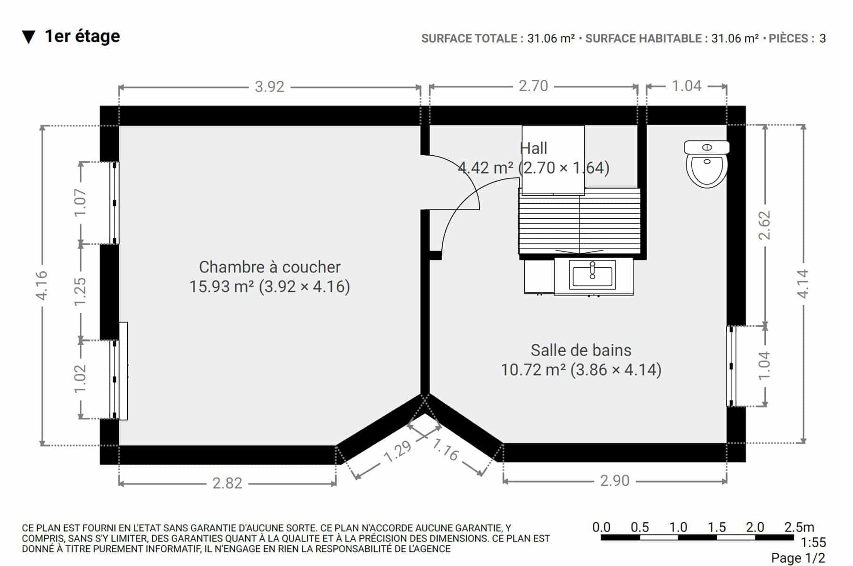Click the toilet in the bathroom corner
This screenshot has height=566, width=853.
706,164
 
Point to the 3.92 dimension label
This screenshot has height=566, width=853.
269,87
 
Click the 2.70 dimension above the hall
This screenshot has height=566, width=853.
533,86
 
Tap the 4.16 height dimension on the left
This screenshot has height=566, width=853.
42,285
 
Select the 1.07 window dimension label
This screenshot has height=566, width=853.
80,202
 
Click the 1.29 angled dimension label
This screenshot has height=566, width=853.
398,451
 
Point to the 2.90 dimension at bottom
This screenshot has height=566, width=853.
614,481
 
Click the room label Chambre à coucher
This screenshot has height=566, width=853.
270,267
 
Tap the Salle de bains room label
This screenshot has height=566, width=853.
581,350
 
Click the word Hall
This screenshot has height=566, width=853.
533,148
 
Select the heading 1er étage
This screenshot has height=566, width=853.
82,36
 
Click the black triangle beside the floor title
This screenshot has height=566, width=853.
28,37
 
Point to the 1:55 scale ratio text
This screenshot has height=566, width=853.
813,542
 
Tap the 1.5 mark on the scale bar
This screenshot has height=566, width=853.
716,527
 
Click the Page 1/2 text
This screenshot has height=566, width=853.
798,558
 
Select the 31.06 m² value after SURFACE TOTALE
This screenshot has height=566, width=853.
551,39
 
